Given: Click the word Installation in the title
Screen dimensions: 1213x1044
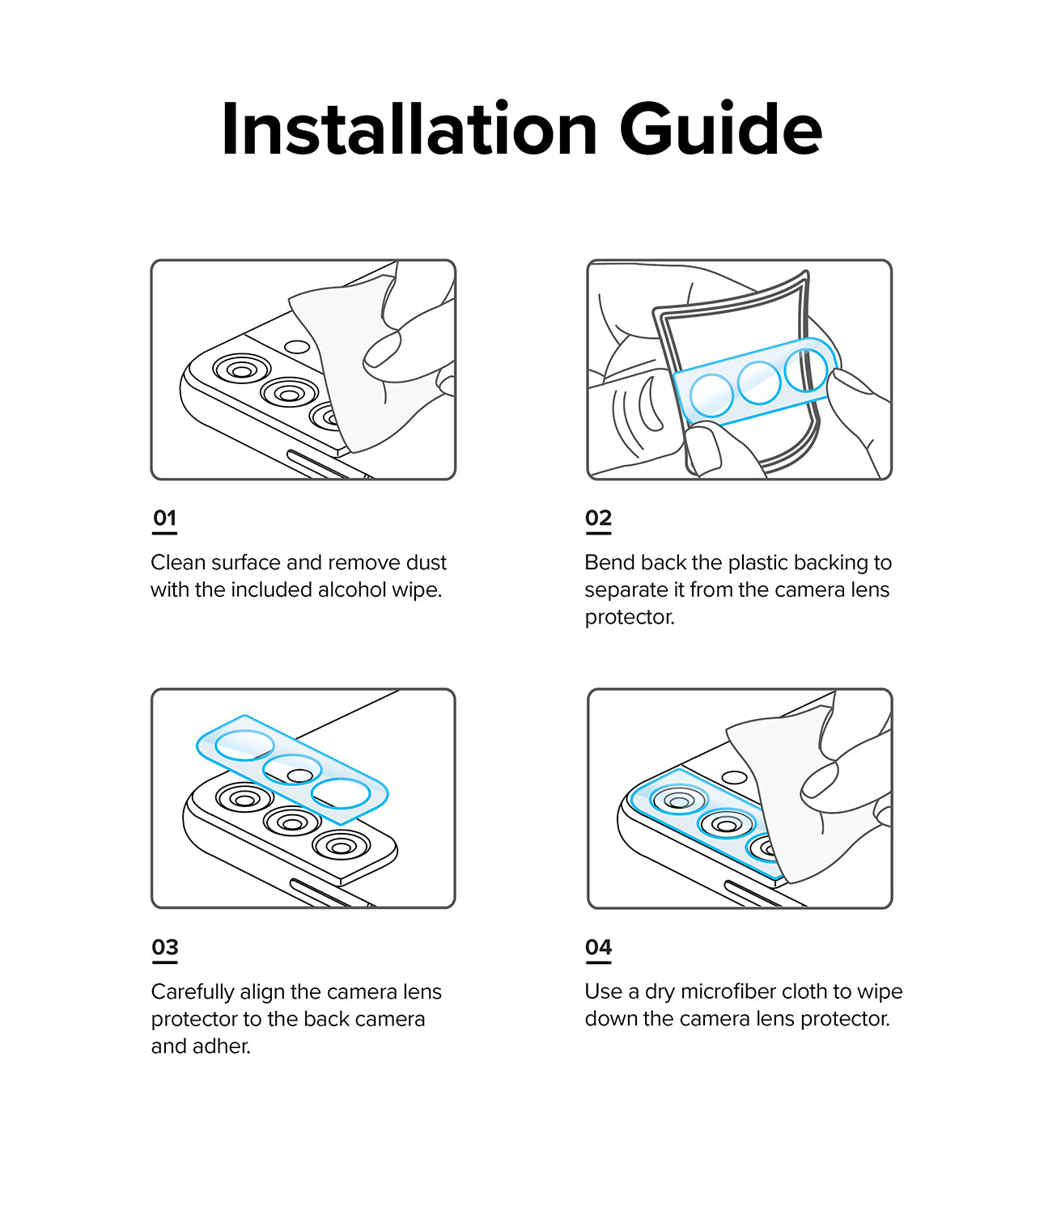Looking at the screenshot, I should click(409, 129).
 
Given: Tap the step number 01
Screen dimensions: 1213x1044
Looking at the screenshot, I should click(164, 518).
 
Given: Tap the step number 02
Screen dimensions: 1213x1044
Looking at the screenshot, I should click(598, 518).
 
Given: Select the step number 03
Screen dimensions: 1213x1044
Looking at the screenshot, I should click(164, 948).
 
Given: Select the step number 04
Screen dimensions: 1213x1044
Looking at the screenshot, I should click(598, 948).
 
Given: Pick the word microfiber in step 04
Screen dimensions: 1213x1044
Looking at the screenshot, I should click(731, 992).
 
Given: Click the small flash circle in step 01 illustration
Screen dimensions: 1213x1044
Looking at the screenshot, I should click(297, 348).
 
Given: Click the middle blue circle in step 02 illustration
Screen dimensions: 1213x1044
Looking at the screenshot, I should click(759, 382).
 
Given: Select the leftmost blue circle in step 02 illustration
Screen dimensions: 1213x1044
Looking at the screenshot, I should click(711, 395).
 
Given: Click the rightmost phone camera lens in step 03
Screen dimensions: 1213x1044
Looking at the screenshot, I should click(341, 847).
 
